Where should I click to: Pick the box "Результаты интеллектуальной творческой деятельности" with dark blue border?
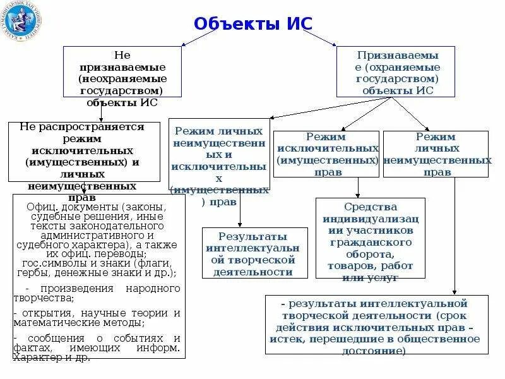click(x=254, y=253)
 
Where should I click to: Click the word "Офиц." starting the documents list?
click(x=41, y=207)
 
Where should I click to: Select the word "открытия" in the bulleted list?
click(x=40, y=313)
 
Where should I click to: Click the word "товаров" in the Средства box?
click(x=350, y=266)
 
